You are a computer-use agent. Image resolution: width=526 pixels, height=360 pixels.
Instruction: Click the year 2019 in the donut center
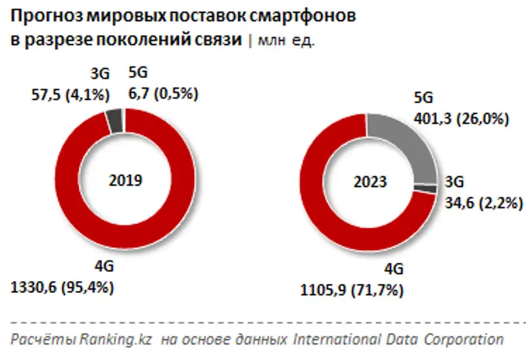[125, 180]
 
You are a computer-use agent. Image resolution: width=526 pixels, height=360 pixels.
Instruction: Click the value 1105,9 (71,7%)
[349, 290]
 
